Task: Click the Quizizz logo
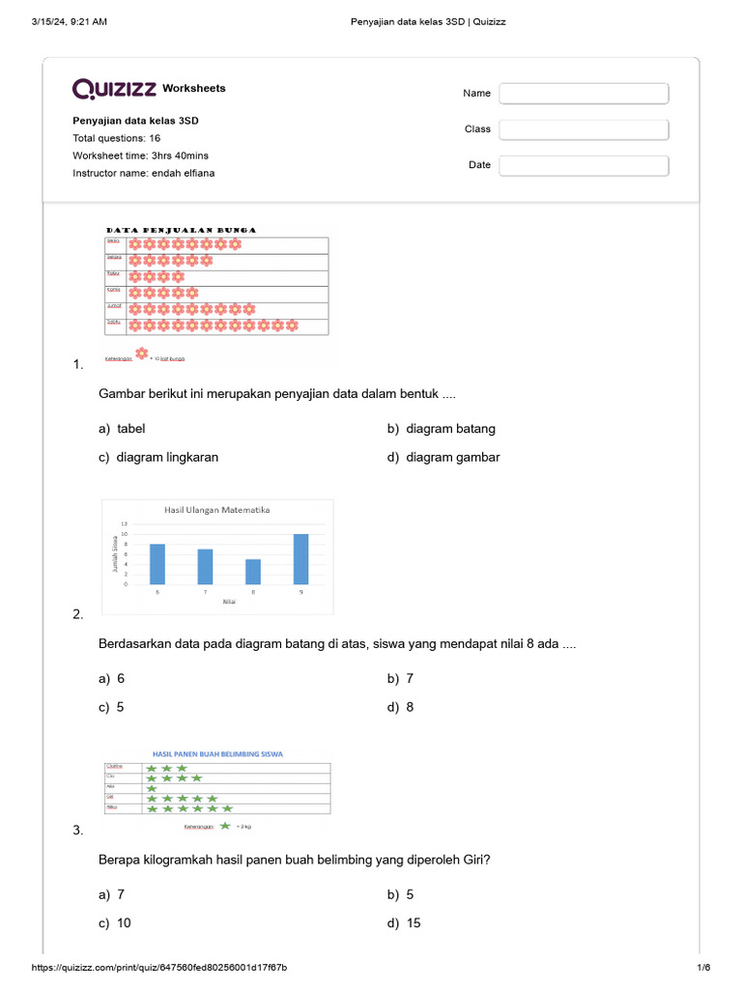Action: tap(114, 89)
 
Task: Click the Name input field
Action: tap(584, 94)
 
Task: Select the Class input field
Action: tap(584, 129)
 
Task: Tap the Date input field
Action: tap(584, 165)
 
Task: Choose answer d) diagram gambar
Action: tap(443, 458)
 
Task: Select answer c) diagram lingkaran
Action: tap(157, 458)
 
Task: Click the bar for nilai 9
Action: tap(300, 559)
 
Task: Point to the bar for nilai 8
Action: tap(252, 572)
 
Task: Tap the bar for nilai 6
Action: tap(157, 564)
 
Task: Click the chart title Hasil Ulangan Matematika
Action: tap(217, 510)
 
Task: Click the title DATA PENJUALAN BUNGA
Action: tap(181, 230)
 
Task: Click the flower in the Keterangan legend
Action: tap(142, 354)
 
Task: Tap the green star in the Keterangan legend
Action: tap(225, 826)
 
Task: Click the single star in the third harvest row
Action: tap(152, 788)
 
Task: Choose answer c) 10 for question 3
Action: tap(115, 923)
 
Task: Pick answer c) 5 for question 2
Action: tap(112, 707)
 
